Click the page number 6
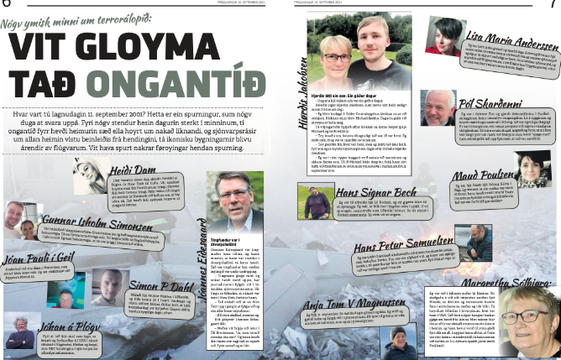(x=6, y=5)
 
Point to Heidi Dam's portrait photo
(x=89, y=175)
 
